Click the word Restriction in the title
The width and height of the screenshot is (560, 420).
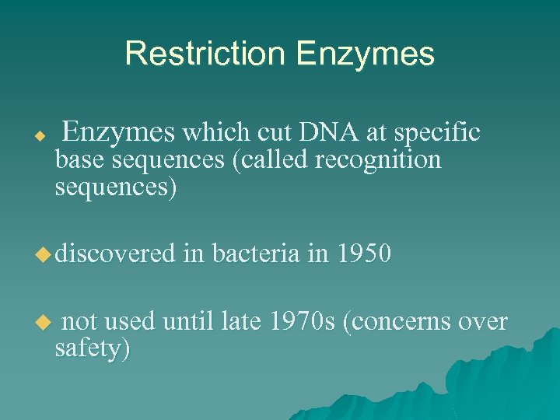(x=205, y=54)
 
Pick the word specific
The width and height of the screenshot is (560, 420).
(x=437, y=135)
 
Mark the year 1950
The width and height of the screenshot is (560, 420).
(x=363, y=254)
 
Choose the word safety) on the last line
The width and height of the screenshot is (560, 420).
(x=92, y=349)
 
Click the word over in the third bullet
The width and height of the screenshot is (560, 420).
(x=482, y=321)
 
